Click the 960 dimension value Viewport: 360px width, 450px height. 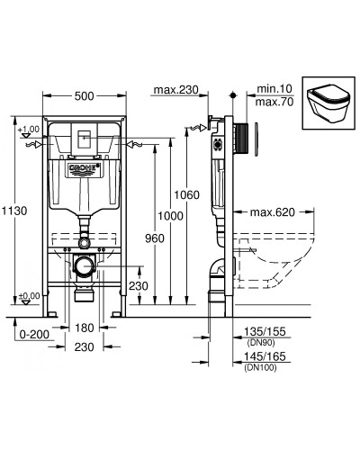pyautogui.click(x=153, y=240)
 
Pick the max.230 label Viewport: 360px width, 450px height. pyautogui.click(x=175, y=90)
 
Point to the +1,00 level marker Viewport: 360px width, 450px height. pyautogui.click(x=28, y=130)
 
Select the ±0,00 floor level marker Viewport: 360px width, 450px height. pyautogui.click(x=28, y=296)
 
